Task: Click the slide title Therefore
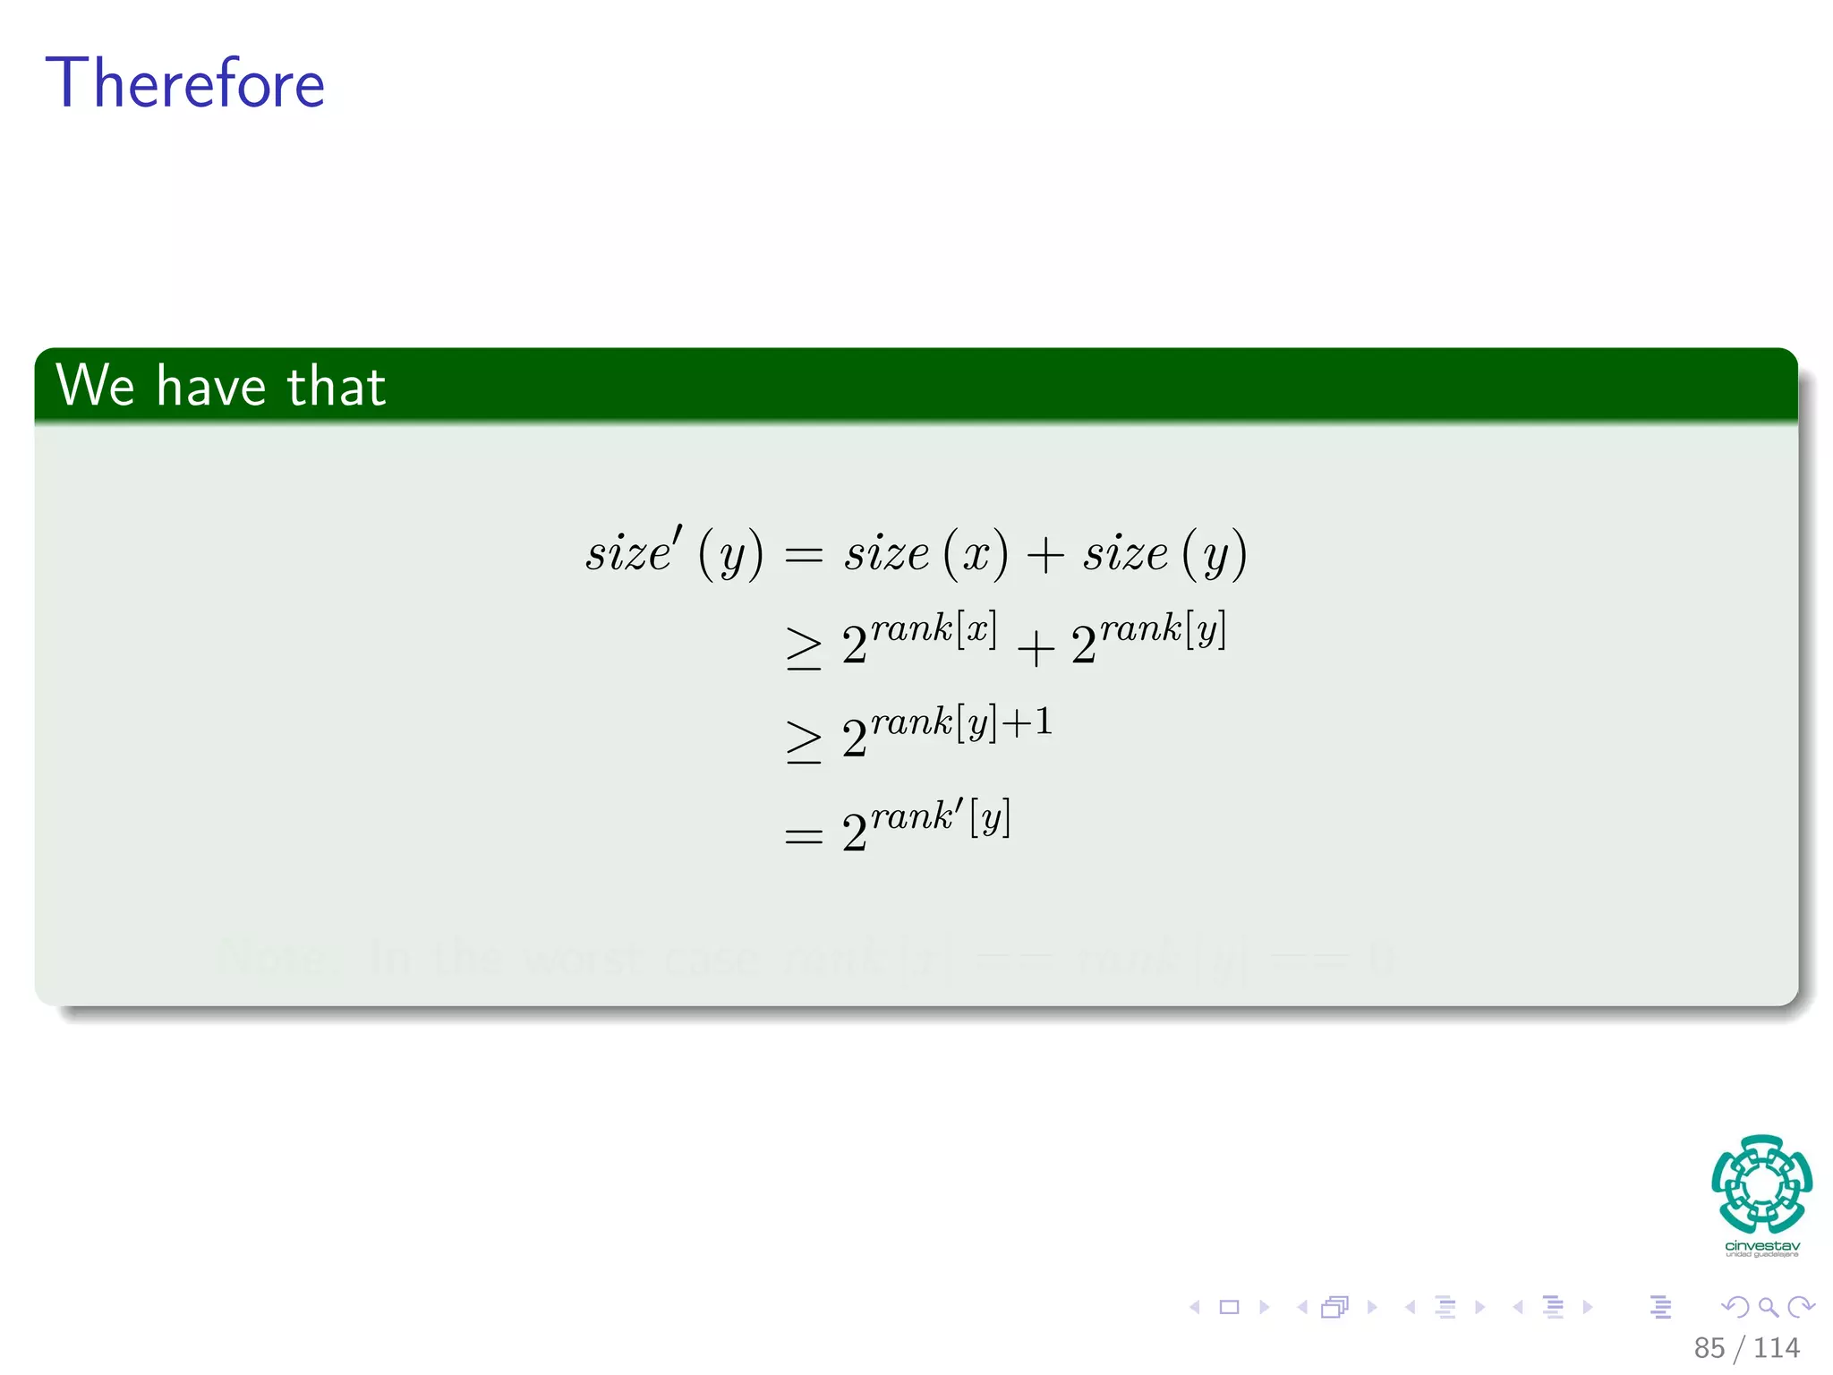tap(184, 83)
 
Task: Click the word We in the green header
tap(95, 386)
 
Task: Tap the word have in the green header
tap(211, 386)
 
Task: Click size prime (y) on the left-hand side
tap(674, 552)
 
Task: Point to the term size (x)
tap(925, 552)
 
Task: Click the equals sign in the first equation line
tap(803, 556)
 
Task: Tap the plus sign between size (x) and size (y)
tap(1044, 556)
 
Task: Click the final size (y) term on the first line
tap(1164, 552)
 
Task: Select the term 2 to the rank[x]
tap(918, 638)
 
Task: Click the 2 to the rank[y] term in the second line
tap(1148, 638)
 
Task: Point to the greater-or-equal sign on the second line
tap(803, 648)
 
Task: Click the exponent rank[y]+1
tap(961, 722)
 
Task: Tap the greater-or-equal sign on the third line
tap(803, 741)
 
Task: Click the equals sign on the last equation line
tap(803, 837)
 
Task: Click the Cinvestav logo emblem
tap(1761, 1184)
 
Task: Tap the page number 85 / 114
tap(1745, 1347)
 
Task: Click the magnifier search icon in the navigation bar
tap(1768, 1307)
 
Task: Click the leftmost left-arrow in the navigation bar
tap(1194, 1307)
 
